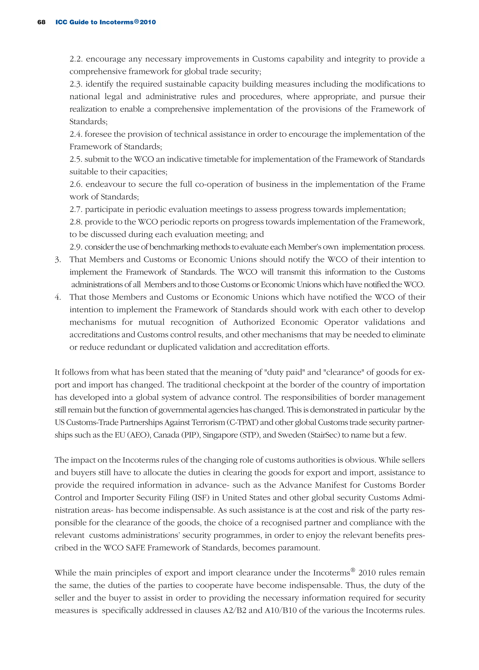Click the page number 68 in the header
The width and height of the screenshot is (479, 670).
click(41, 22)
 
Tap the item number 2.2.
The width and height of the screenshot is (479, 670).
click(77, 59)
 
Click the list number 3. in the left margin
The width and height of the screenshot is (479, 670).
click(58, 260)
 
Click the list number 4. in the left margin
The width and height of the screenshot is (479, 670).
click(58, 297)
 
